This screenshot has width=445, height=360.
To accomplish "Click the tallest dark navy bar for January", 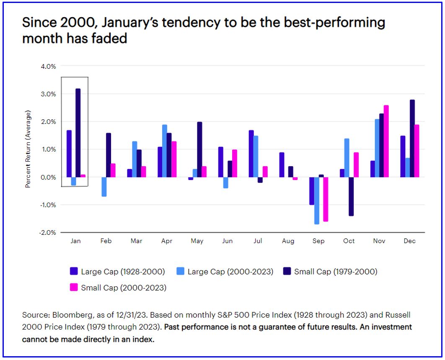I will pos(78,133).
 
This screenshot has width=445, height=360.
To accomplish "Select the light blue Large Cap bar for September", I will pos(317,201).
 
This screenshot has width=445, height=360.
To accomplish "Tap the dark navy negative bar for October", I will pos(351,196).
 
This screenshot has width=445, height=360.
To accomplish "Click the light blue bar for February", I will pos(104,187).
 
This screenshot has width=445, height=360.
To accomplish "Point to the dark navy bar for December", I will pos(412,138).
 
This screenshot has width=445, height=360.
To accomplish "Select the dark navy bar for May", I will pos(199,149).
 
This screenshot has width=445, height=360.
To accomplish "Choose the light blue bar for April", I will pos(164,151).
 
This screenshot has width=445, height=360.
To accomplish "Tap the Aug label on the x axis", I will pos(288,241).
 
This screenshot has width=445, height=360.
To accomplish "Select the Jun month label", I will pos(227,241).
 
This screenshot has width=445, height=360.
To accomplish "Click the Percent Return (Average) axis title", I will pos(28,149).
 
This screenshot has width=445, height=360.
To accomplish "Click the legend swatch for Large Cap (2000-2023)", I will pos(180,272).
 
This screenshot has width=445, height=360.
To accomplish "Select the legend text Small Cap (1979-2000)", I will pos(336,272).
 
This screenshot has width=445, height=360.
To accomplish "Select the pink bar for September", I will pos(325,199).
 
